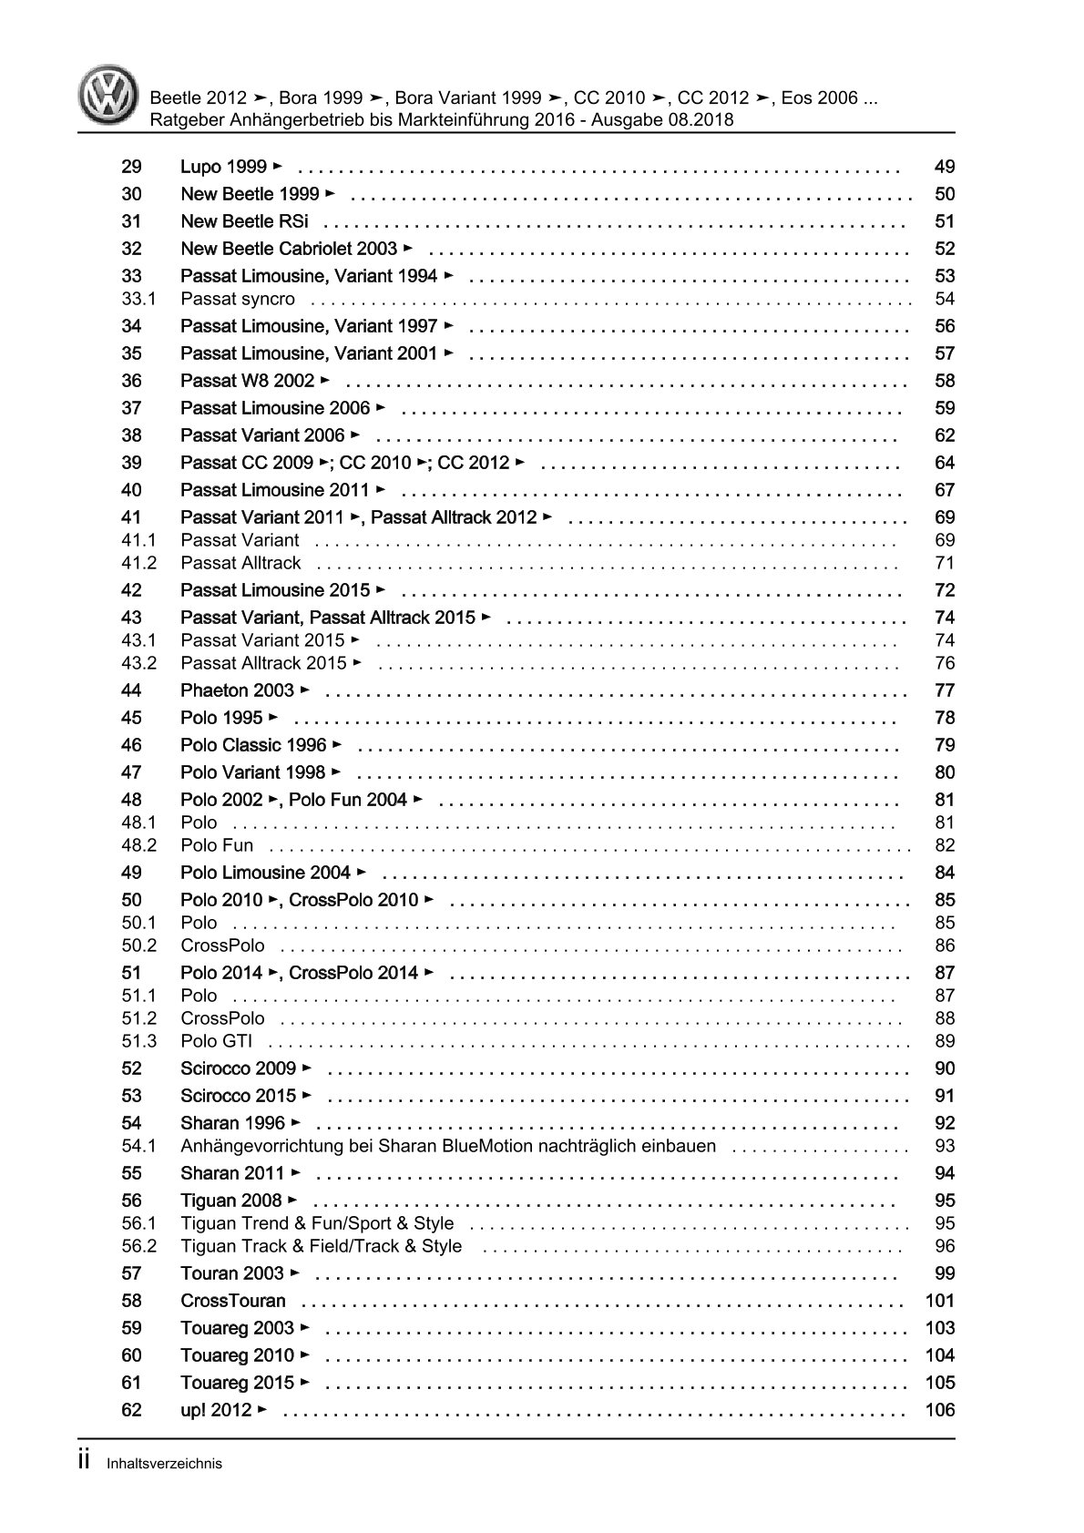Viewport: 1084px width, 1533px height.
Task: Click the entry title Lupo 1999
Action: (x=224, y=167)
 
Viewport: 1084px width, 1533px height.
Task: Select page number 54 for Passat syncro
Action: (x=944, y=299)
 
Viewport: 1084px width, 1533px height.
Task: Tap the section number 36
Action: (x=131, y=381)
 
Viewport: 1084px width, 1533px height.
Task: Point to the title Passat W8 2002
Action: (x=248, y=381)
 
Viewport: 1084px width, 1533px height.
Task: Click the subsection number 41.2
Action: (x=138, y=563)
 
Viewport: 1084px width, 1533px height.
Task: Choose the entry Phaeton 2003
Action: (x=238, y=690)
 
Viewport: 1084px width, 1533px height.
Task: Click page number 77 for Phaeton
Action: (x=944, y=690)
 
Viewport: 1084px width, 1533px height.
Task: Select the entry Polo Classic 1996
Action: (x=253, y=745)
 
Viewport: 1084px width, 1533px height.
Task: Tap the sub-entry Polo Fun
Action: (x=217, y=845)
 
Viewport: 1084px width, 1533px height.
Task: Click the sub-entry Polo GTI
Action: (x=216, y=1041)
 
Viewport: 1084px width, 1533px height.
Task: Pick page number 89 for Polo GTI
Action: (x=944, y=1041)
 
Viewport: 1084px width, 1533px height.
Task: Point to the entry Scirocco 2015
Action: (x=239, y=1096)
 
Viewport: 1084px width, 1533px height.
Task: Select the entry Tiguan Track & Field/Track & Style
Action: (x=321, y=1246)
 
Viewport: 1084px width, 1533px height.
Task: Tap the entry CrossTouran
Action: (x=233, y=1301)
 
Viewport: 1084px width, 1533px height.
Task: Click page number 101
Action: (x=939, y=1301)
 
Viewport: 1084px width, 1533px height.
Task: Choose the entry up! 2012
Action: (x=216, y=1410)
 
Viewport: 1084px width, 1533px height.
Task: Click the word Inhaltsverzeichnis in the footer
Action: (x=164, y=1465)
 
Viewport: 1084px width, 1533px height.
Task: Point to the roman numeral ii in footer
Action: (x=83, y=1462)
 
